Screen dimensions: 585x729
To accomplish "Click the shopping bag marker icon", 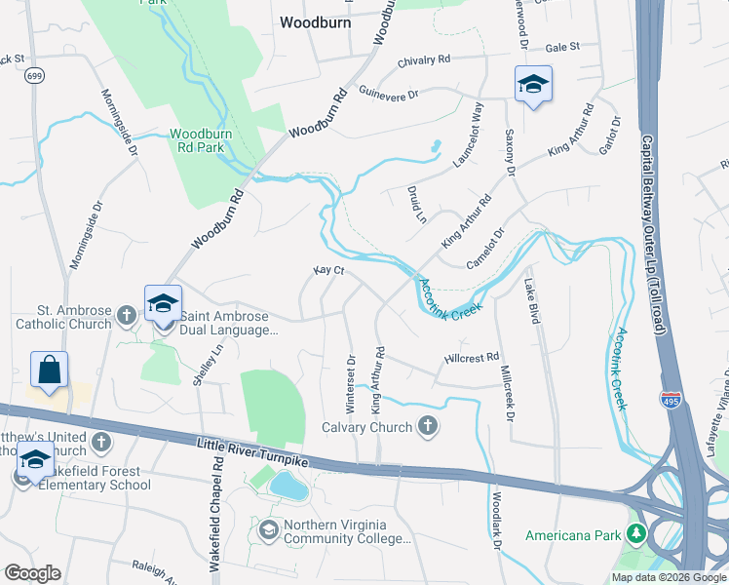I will [x=49, y=371].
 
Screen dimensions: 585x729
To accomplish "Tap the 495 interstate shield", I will [x=671, y=400].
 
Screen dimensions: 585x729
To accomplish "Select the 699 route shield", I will [x=33, y=75].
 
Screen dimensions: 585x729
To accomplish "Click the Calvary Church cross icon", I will [x=426, y=426].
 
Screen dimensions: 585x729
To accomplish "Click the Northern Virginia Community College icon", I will [x=268, y=529].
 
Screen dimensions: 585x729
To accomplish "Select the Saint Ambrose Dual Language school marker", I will [x=164, y=304].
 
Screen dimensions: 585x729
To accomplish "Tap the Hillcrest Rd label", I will [x=471, y=358].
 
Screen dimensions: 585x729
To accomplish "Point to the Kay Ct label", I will [x=328, y=270].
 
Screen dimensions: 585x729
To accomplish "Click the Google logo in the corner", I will [x=32, y=573].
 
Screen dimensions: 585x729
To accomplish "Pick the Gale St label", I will [x=562, y=46].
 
